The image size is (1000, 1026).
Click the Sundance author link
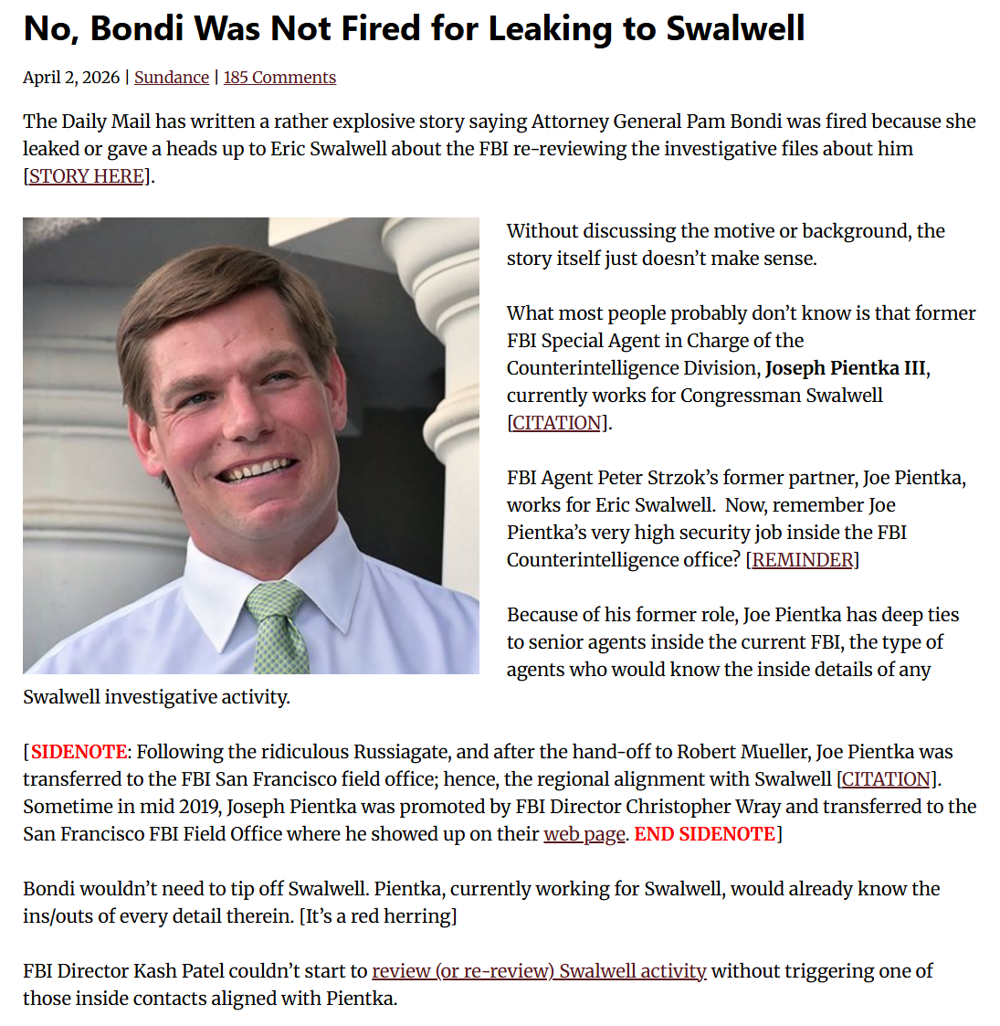pyautogui.click(x=171, y=78)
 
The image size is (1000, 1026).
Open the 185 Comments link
pyautogui.click(x=279, y=78)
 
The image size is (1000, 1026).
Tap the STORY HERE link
pyautogui.click(x=87, y=176)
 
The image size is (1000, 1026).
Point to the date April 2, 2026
pyautogui.click(x=71, y=78)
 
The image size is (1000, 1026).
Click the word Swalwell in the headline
pyautogui.click(x=735, y=29)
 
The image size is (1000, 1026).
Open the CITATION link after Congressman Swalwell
pyautogui.click(x=557, y=423)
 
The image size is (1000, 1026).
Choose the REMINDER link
pyautogui.click(x=802, y=560)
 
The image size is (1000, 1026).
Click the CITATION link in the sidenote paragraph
pyautogui.click(x=887, y=779)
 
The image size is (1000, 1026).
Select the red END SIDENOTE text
pyautogui.click(x=704, y=834)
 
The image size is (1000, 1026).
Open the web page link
pyautogui.click(x=584, y=834)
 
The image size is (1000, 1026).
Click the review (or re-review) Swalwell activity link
pyautogui.click(x=539, y=971)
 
